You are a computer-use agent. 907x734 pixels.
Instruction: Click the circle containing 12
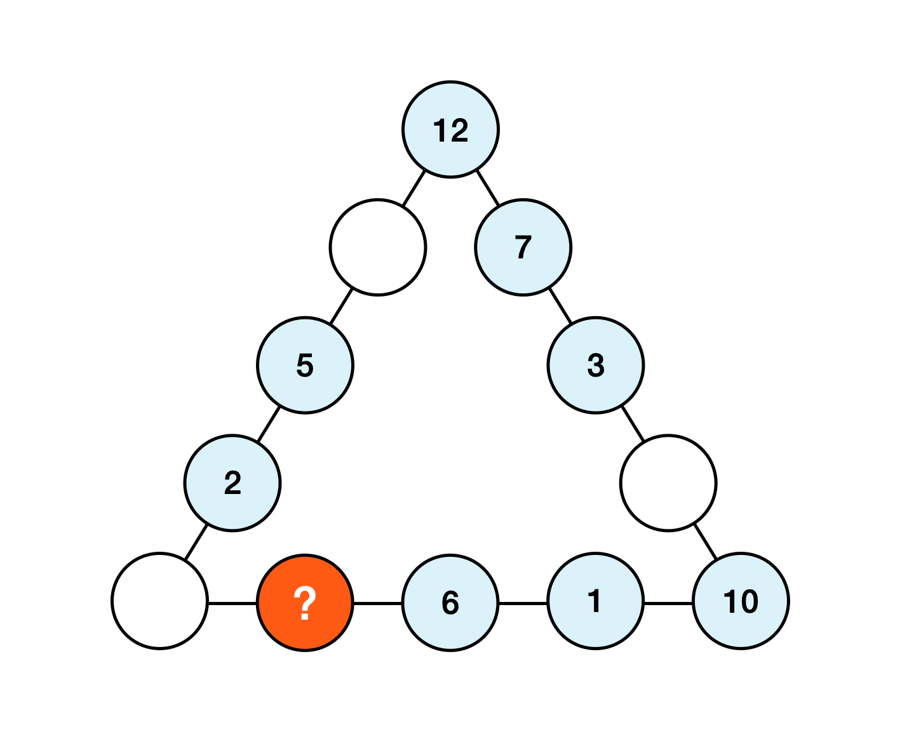[450, 130]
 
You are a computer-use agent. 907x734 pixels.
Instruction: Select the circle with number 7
[523, 247]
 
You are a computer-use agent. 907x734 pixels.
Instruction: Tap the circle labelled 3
[595, 365]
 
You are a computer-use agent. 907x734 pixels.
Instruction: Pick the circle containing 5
[305, 365]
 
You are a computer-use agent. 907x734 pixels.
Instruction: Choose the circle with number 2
[232, 483]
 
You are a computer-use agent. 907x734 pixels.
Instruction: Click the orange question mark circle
[305, 602]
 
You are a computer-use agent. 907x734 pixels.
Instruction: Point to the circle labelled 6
[450, 602]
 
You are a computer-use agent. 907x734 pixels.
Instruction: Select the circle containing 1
[595, 601]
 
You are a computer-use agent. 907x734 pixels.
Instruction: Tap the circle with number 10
[741, 601]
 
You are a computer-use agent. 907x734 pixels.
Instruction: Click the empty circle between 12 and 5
[377, 247]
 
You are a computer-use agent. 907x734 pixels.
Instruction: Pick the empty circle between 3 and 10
[668, 483]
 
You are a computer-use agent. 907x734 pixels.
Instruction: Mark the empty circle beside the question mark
[159, 601]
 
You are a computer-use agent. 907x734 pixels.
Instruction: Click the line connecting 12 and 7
[487, 188]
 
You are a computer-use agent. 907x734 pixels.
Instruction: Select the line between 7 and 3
[560, 306]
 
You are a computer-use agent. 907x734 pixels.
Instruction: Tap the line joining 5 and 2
[269, 424]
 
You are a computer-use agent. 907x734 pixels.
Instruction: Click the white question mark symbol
[305, 603]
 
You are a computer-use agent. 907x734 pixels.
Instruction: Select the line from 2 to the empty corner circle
[196, 542]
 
